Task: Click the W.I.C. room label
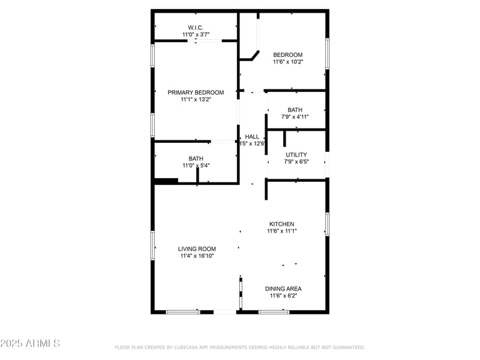(x=196, y=27)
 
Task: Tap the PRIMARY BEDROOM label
(x=196, y=92)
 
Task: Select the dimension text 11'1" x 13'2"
(x=196, y=100)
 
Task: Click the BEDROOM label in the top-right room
(x=288, y=55)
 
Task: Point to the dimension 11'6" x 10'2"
(x=288, y=62)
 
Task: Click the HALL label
(x=252, y=137)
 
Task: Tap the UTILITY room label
(x=296, y=154)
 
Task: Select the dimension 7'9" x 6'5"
(x=296, y=161)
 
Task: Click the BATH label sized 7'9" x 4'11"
(x=295, y=110)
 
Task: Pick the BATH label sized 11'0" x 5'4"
(x=196, y=158)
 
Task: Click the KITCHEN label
(x=282, y=224)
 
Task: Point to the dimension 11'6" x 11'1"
(x=282, y=231)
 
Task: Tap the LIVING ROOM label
(x=197, y=249)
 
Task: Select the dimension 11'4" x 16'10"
(x=197, y=256)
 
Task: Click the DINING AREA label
(x=283, y=289)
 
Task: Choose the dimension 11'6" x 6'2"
(x=283, y=296)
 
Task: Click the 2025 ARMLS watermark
(x=30, y=344)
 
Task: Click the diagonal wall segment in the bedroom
(x=254, y=55)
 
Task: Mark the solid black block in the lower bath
(x=166, y=181)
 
